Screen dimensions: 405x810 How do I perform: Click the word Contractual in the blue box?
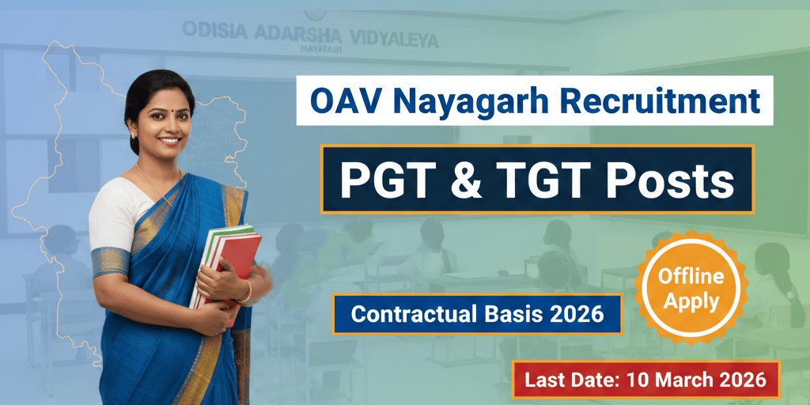pos(416,314)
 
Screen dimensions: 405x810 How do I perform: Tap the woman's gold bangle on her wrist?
pos(246,291)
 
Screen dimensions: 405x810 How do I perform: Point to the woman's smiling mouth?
pos(168,142)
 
